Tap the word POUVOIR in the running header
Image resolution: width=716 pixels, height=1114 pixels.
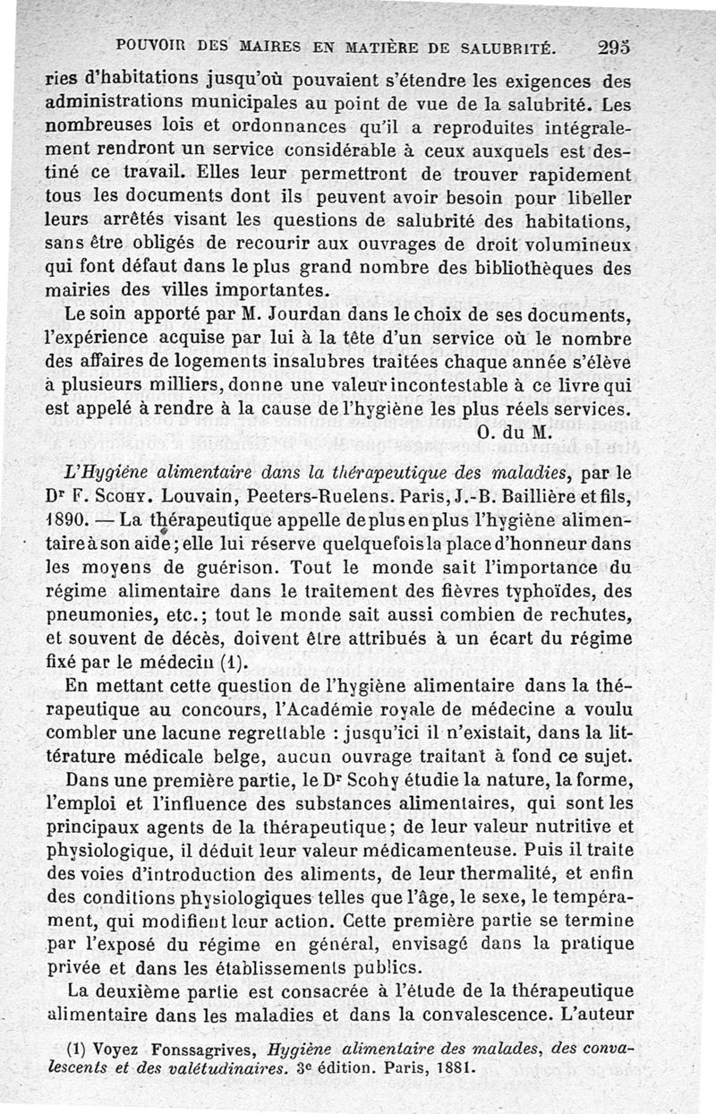coord(148,45)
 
